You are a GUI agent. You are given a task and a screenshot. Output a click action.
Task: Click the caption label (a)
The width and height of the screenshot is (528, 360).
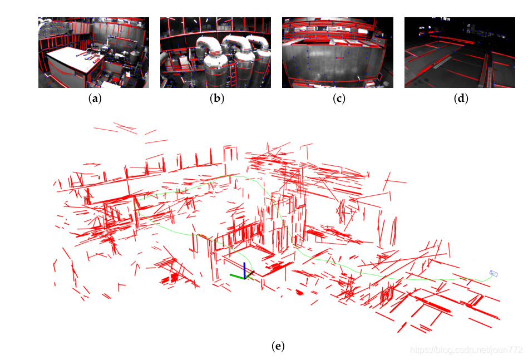click(95, 98)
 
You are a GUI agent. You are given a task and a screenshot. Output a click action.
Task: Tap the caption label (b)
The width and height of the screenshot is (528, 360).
click(217, 98)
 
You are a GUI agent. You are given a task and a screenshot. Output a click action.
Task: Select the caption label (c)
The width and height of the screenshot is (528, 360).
click(339, 98)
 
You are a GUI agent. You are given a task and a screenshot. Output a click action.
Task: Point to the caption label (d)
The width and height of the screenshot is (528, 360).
click(461, 98)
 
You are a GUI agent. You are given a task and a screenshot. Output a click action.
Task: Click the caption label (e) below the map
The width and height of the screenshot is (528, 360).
click(278, 346)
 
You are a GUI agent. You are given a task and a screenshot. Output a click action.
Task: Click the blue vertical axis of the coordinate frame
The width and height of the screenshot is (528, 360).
click(244, 270)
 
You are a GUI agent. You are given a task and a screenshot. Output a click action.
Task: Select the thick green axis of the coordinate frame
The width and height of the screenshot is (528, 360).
click(237, 277)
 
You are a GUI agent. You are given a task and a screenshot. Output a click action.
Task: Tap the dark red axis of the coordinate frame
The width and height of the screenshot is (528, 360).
click(250, 275)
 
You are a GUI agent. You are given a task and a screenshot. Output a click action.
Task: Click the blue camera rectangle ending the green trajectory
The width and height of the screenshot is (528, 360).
click(494, 273)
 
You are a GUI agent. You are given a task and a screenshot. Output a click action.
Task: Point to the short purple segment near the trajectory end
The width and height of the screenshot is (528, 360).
click(469, 282)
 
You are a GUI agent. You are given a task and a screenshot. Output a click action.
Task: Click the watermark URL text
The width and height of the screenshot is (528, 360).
click(466, 350)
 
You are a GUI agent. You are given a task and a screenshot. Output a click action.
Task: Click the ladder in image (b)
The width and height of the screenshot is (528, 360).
click(233, 75)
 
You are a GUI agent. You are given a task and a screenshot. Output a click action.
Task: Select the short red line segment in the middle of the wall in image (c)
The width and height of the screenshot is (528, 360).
click(339, 58)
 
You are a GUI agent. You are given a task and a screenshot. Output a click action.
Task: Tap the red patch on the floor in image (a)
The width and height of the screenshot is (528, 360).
click(116, 80)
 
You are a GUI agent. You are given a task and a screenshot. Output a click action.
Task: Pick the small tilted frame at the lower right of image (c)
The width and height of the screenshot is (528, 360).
click(380, 77)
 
